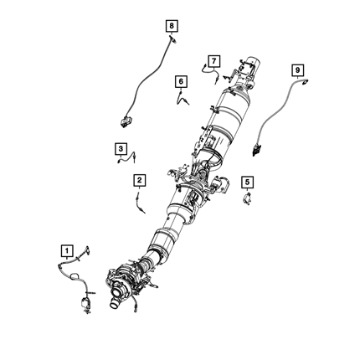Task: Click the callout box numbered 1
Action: click(67, 251)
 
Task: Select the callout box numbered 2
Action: click(139, 180)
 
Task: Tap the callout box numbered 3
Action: click(121, 149)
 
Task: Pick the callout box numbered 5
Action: click(248, 183)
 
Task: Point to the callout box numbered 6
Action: click(181, 81)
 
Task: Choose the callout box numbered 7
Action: click(213, 61)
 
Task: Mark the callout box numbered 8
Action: click(172, 26)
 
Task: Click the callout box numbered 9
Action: click(297, 69)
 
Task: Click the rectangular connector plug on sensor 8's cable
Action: click(126, 121)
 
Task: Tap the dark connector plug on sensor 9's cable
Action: click(257, 149)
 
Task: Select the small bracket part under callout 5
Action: click(247, 199)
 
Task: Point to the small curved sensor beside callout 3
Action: click(127, 158)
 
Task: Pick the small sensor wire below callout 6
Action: click(182, 98)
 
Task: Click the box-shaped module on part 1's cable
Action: click(85, 302)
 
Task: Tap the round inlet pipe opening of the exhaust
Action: click(115, 303)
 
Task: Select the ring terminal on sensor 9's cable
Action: click(305, 82)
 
